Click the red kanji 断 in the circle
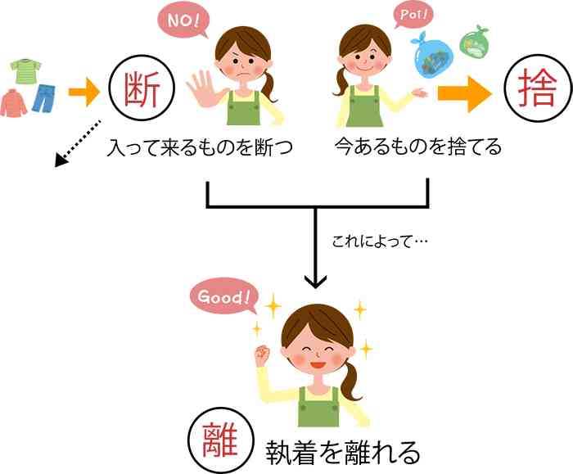click(142, 89)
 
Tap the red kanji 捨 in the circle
click(537, 88)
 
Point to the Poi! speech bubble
click(413, 16)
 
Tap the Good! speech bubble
click(224, 296)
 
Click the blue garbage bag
click(433, 56)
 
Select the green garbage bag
click(474, 43)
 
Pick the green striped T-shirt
click(25, 70)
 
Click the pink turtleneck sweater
click(14, 102)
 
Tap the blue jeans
click(43, 98)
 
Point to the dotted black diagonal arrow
click(78, 143)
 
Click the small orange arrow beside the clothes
click(84, 92)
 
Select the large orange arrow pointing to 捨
click(465, 93)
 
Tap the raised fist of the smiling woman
click(262, 355)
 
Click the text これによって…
click(380, 242)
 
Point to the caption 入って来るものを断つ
click(199, 147)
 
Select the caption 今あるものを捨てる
click(418, 147)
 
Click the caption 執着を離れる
click(342, 452)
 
